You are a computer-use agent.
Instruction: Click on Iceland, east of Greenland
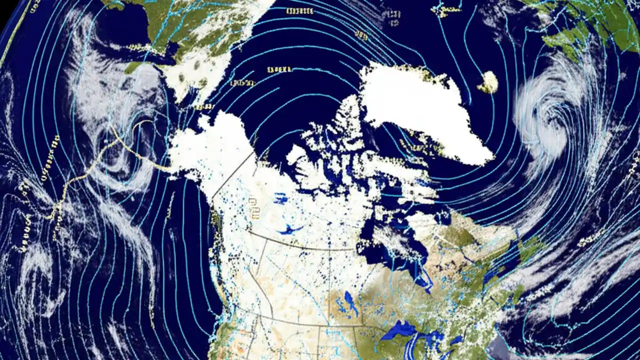[x=488, y=82]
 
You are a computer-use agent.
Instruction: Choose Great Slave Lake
[x=290, y=229]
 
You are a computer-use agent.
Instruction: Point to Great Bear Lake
[x=280, y=199]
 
